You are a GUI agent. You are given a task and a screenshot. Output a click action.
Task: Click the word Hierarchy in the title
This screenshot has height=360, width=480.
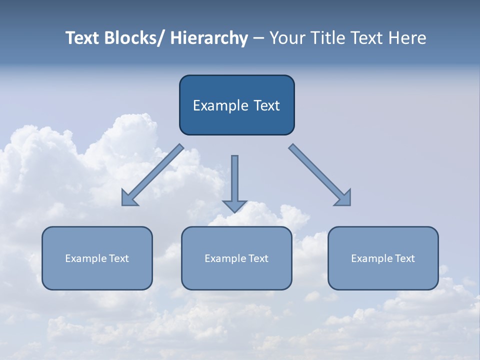coord(209,38)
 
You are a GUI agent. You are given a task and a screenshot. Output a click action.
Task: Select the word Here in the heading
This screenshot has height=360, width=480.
coord(406,38)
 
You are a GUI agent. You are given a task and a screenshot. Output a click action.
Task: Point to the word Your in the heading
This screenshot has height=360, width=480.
coord(287,38)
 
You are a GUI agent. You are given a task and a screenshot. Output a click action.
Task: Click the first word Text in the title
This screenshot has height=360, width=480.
coord(82,38)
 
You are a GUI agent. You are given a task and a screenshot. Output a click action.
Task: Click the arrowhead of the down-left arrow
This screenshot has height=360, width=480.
coord(129,199)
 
